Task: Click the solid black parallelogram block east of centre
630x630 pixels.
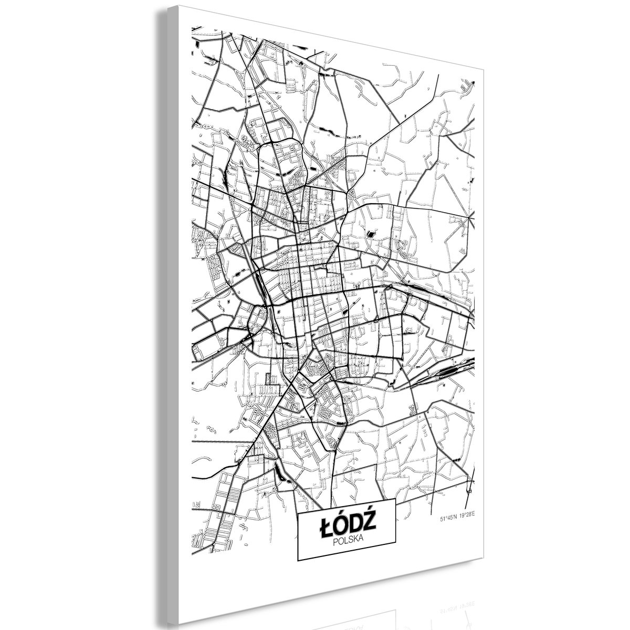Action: click(372, 235)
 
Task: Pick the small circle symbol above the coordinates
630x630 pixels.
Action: click(470, 490)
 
